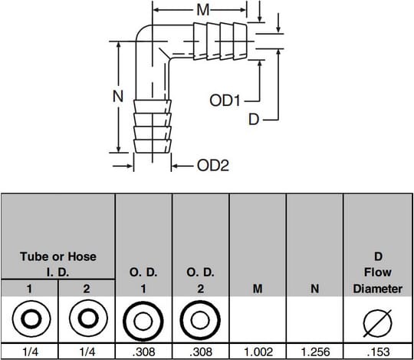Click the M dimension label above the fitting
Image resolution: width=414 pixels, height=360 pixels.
(203, 10)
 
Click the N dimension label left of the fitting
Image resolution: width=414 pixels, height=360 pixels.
(118, 96)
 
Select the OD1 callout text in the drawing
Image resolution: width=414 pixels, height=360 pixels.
(225, 101)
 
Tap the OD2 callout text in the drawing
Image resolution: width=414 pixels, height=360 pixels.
(213, 166)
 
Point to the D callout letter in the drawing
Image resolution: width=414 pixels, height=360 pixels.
(254, 119)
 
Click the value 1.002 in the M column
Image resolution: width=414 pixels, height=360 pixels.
(258, 352)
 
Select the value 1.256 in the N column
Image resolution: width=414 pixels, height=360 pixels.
(315, 352)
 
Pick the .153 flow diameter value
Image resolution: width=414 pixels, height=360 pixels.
(379, 352)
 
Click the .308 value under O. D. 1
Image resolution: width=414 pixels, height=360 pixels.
(143, 352)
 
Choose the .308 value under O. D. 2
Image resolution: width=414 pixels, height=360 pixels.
(201, 352)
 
